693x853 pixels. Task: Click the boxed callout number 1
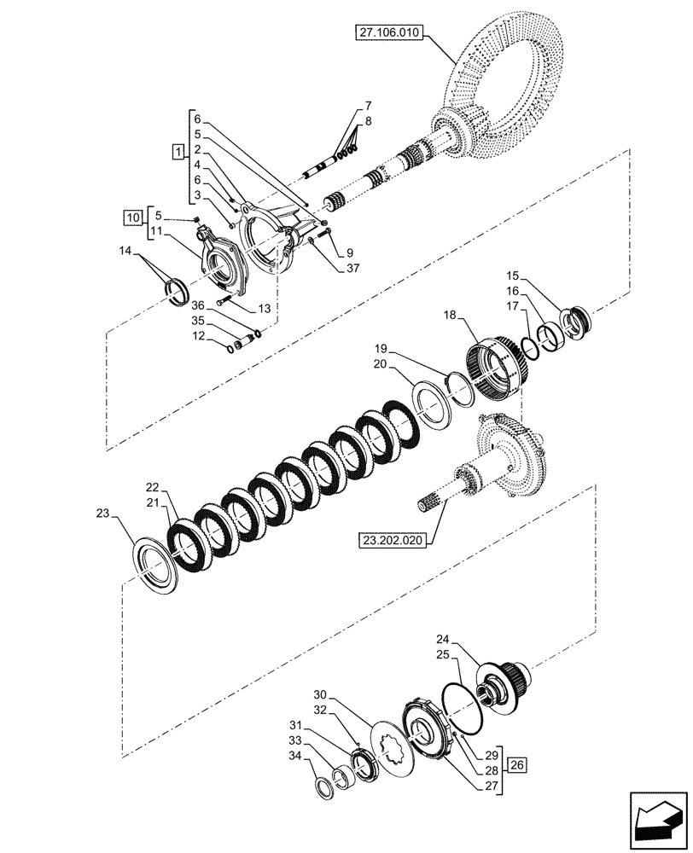[x=177, y=153]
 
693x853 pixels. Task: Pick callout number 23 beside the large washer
[x=103, y=514]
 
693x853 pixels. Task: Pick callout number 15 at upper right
[x=512, y=276]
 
